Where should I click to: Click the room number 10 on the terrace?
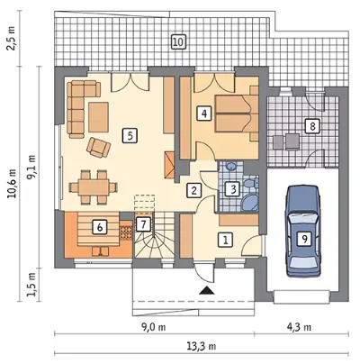pos(178,41)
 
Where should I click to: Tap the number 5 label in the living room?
pos(130,135)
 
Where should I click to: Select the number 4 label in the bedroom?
pos(204,114)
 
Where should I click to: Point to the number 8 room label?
pos(312,126)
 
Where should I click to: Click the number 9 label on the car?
pos(304,239)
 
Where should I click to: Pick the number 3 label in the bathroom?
pos(234,189)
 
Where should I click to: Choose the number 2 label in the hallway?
pos(193,190)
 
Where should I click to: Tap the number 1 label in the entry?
pos(226,240)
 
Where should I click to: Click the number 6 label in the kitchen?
pos(100,227)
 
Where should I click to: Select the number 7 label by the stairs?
pos(143,224)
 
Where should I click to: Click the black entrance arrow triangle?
pos(206,290)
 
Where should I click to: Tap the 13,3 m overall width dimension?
pos(202,346)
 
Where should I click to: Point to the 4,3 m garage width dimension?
pos(301,327)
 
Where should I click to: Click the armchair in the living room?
pos(98,147)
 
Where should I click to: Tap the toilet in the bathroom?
pos(251,183)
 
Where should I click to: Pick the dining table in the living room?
pos(94,187)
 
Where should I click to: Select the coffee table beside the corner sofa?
pos(99,117)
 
